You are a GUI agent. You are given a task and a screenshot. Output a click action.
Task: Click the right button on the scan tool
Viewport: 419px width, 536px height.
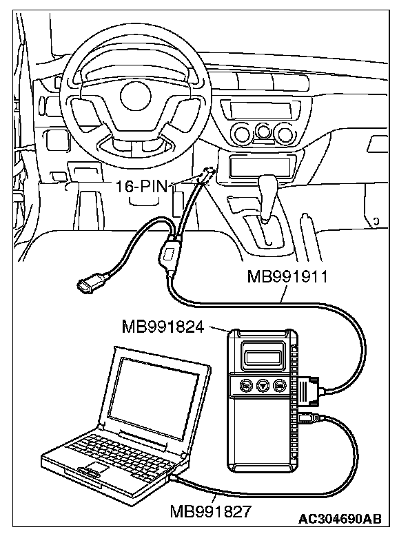click(280, 386)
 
